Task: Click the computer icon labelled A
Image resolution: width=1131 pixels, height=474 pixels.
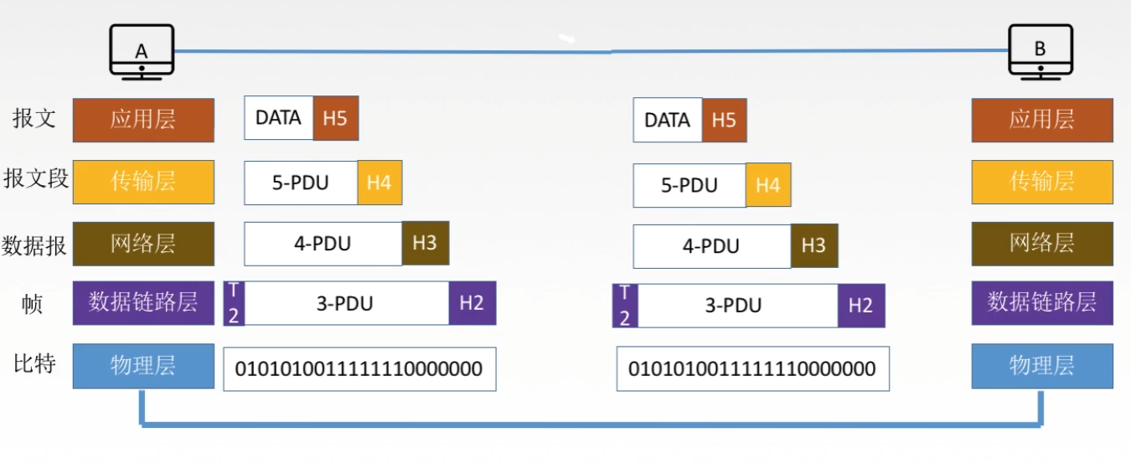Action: (142, 52)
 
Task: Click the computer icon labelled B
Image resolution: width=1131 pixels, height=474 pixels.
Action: (1041, 52)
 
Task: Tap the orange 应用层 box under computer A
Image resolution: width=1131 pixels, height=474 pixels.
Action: (143, 120)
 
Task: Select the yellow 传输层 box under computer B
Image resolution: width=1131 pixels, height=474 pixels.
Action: (1042, 183)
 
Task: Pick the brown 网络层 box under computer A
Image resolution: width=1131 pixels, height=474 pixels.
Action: (143, 244)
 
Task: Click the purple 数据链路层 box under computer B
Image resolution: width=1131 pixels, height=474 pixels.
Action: (1042, 303)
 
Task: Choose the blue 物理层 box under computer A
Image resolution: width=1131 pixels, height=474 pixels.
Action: (143, 366)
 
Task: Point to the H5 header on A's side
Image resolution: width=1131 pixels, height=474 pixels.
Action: (336, 118)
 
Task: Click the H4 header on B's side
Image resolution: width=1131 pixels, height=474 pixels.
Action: (768, 185)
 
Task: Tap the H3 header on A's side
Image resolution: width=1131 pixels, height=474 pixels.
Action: (425, 244)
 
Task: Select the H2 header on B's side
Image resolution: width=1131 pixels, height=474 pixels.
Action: (861, 306)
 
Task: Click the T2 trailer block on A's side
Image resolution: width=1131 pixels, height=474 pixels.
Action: (234, 303)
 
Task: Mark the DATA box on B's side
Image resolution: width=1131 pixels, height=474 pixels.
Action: (668, 120)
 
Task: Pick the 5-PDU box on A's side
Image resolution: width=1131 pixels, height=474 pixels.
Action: (301, 183)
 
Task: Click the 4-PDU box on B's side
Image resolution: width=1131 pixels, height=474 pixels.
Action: (712, 246)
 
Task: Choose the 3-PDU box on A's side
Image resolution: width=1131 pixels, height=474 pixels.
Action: (346, 303)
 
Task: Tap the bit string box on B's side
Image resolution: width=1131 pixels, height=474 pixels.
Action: (753, 369)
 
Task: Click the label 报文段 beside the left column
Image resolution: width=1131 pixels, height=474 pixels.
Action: (35, 178)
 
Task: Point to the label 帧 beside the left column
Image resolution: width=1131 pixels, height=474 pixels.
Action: (32, 304)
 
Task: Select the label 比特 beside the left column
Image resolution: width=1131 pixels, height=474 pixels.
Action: (34, 364)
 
